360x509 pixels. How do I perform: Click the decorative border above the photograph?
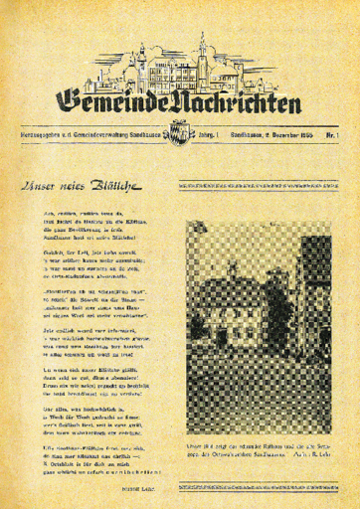point(258,186)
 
